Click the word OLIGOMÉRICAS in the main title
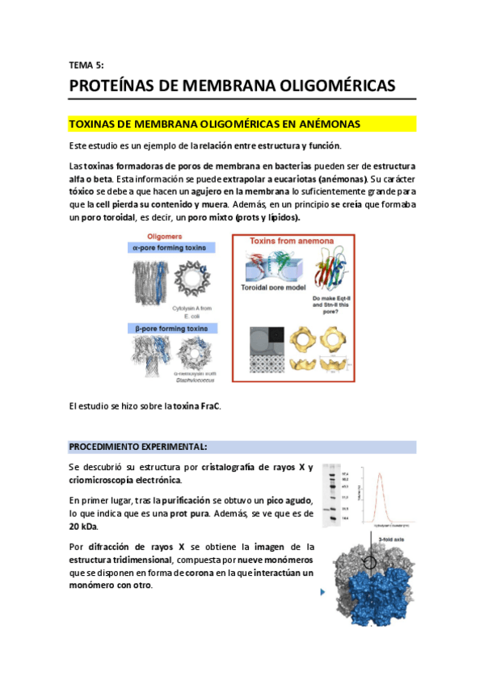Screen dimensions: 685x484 point(323,86)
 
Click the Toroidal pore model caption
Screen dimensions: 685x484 point(272,288)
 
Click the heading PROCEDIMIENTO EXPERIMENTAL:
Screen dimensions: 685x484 point(138,447)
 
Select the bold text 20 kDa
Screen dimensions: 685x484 point(83,527)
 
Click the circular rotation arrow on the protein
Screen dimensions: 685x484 point(371,563)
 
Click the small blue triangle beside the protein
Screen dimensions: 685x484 point(323,592)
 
